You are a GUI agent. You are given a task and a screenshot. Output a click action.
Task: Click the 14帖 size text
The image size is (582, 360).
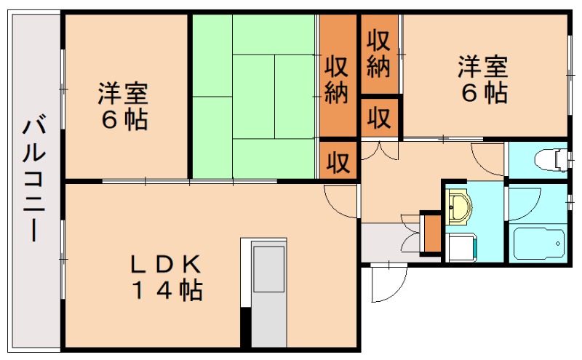pyautogui.click(x=167, y=291)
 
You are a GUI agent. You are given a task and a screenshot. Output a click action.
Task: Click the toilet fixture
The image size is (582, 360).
pyautogui.click(x=549, y=159)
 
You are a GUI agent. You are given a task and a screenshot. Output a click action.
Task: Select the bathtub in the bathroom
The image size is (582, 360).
pyautogui.click(x=538, y=244)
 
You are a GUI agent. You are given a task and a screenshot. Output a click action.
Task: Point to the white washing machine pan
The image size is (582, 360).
pyautogui.click(x=461, y=248)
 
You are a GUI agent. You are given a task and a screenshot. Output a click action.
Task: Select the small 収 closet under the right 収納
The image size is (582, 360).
pyautogui.click(x=380, y=117)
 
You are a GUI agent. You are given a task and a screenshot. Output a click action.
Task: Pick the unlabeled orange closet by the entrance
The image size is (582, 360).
pyautogui.click(x=431, y=231)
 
